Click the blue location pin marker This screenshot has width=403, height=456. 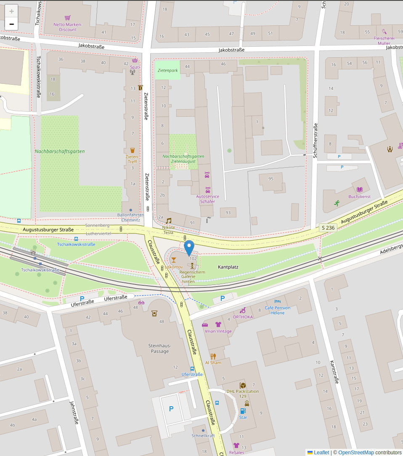click(189, 247)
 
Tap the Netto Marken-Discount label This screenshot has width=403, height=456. click(67, 27)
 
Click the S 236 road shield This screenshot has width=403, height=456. click(328, 228)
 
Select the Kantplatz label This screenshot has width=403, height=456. click(228, 267)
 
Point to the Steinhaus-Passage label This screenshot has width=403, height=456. click(160, 348)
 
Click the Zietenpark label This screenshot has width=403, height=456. click(167, 70)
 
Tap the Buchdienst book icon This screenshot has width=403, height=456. click(359, 190)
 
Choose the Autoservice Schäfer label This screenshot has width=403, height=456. click(207, 199)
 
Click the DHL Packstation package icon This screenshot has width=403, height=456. click(242, 385)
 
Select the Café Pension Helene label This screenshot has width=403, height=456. click(277, 310)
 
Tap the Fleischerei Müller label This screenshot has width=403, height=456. click(384, 40)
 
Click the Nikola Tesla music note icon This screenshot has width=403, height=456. click(169, 221)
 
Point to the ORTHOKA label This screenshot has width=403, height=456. click(243, 317)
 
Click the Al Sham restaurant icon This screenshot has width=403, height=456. click(213, 356)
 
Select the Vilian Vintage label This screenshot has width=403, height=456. click(218, 331)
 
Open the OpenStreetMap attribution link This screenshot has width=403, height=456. click(356, 453)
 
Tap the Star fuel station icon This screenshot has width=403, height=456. click(243, 411)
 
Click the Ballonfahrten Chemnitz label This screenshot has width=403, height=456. click(130, 217)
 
